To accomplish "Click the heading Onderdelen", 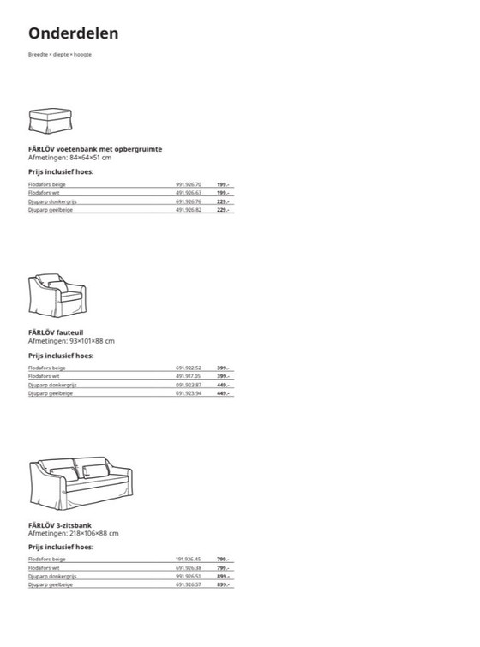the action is click(73, 33).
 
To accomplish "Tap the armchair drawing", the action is click(57, 295).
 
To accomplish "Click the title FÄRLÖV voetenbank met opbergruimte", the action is click(95, 149).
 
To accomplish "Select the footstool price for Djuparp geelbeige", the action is click(222, 210).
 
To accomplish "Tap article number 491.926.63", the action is click(188, 193).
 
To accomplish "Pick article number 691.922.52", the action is click(188, 368).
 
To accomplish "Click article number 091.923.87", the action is click(188, 385).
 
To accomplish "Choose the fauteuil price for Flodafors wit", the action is click(222, 376).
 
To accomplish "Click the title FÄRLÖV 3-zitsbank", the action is click(60, 524).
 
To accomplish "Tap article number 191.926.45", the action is click(188, 559).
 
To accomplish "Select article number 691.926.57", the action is click(188, 584).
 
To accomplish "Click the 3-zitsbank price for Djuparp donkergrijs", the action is click(222, 576).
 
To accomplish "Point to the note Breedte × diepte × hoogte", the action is click(60, 55).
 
